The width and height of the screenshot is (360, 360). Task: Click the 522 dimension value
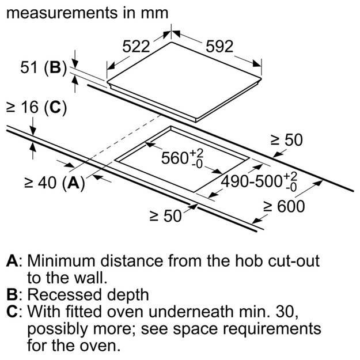coord(136,47)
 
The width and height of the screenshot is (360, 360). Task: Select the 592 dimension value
coord(217,47)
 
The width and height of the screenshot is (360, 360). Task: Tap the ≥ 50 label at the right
coord(286,139)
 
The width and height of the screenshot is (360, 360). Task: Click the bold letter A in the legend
coord(12,260)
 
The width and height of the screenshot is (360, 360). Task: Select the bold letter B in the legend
coord(12,295)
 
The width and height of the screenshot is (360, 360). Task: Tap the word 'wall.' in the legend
coord(87,277)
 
